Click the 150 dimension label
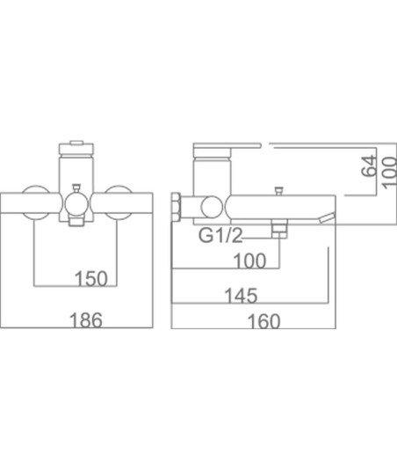coord(91,279)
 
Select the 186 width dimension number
coord(86,319)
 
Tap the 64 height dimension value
coord(368,165)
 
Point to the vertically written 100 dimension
coord(389,173)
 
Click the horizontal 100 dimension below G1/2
coord(249,261)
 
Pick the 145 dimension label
coord(241,296)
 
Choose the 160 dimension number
coord(263,321)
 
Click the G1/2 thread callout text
coord(220,235)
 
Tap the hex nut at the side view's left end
coord(176,208)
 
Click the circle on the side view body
coord(212,207)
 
